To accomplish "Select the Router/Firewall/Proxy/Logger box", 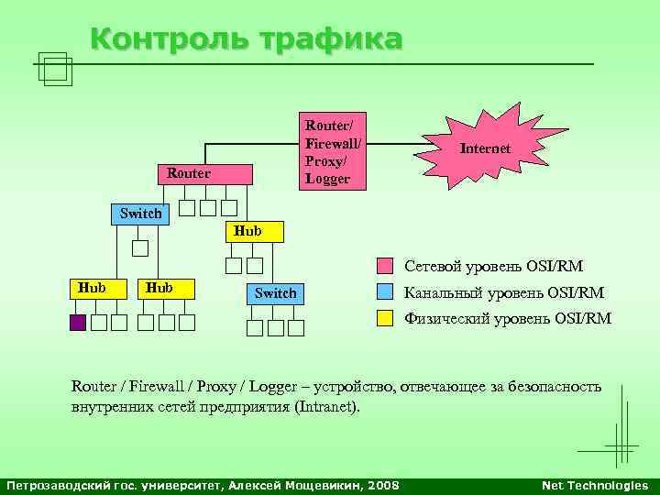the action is pos(334,151).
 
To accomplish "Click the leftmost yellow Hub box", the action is pos(92,288).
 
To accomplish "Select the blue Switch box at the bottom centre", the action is pos(275,293).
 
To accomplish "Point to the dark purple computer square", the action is pos(76,323).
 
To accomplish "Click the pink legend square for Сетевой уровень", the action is pos(386,268).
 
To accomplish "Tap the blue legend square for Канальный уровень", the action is pos(386,293).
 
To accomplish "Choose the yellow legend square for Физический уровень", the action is pos(386,319).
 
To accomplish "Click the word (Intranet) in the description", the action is pos(328,406).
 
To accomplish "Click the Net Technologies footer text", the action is pos(595,485).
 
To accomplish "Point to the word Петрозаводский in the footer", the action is pos(52,485).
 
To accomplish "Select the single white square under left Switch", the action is pos(139,247).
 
